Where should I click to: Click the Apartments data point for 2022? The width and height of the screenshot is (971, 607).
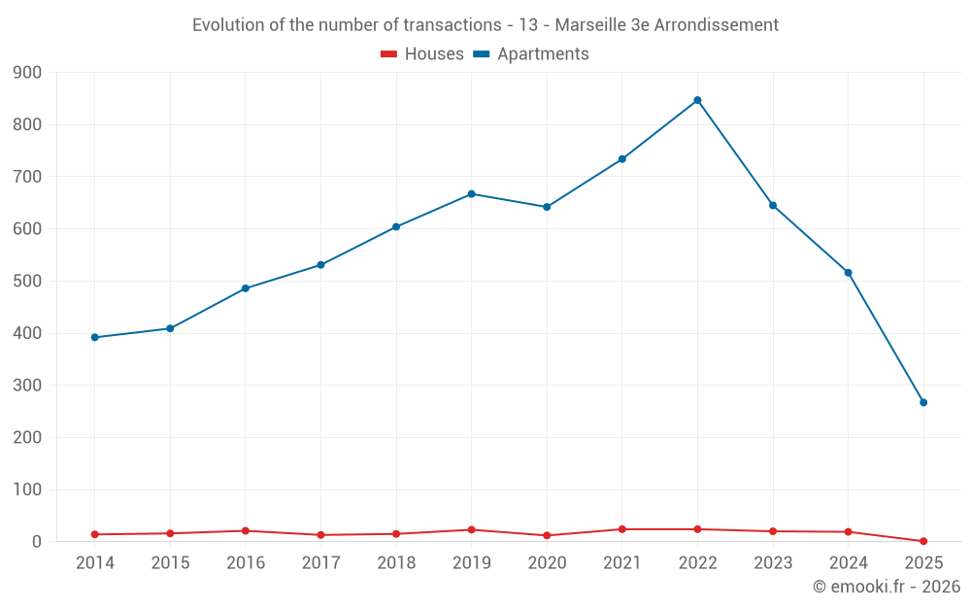[697, 100]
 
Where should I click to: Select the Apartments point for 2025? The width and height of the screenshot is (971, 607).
[923, 402]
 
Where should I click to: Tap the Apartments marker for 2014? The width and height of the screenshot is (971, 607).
[95, 337]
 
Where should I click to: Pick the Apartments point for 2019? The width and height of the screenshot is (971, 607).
[472, 194]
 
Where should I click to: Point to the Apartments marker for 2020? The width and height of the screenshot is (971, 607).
[547, 207]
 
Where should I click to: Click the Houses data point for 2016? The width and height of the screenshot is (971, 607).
[246, 530]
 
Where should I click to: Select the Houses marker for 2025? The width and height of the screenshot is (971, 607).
[923, 541]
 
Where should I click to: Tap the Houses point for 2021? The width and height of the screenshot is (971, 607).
[622, 529]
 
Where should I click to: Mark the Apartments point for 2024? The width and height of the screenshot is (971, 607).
[849, 273]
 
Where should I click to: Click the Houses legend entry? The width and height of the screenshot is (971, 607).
[422, 54]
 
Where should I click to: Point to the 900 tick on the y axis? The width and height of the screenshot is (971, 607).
[28, 73]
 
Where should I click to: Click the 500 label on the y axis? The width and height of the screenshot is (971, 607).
[28, 282]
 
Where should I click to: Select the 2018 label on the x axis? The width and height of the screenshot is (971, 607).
[396, 563]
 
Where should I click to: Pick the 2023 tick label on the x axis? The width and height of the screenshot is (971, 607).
[773, 563]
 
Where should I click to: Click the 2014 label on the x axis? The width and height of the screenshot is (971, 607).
[95, 563]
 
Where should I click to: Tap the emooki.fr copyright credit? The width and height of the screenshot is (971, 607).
[887, 587]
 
